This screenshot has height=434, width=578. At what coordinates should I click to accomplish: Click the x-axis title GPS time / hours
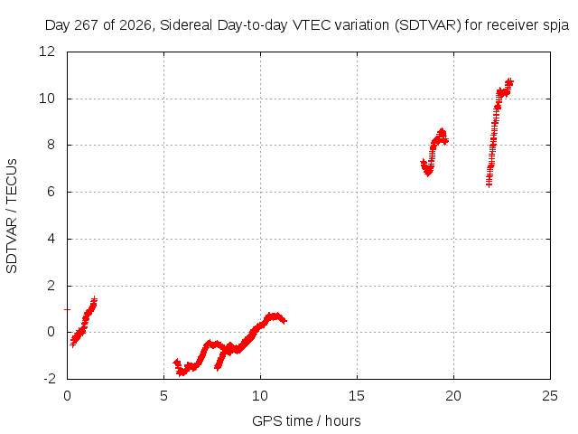coord(306,420)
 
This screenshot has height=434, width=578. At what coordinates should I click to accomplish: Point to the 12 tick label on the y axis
coord(47,52)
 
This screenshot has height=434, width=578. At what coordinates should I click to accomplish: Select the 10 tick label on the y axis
coord(47,99)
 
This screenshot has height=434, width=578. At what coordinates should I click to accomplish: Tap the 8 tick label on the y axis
coord(51,145)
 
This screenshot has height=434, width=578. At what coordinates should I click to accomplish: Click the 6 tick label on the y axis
coord(51,192)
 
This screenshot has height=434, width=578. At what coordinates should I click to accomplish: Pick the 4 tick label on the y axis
coord(51,239)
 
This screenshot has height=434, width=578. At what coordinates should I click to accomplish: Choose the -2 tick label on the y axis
coord(50,379)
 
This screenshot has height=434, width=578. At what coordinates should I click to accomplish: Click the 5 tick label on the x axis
coord(163,396)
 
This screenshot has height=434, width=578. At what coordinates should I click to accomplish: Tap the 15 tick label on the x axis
coord(357,396)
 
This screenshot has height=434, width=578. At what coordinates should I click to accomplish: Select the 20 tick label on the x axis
coord(453,396)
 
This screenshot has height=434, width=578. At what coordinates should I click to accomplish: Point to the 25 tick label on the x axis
coord(550,396)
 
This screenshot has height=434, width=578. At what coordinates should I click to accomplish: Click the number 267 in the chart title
coord(87,25)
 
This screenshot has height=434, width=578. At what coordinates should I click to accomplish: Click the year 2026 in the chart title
coord(135,25)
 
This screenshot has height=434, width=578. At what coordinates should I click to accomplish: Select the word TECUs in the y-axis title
coord(12,180)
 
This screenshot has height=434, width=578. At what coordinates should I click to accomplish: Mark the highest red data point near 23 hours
coord(509,80)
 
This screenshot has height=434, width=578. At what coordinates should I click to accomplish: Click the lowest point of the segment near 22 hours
coord(489,184)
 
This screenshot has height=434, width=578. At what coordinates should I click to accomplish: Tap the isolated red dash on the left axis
coord(67,309)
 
